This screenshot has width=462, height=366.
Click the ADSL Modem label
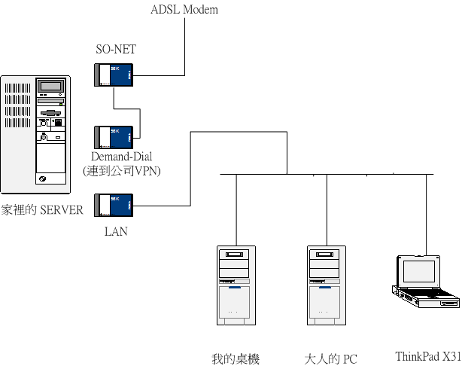point(185,9)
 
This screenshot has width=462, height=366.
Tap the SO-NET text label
point(115,50)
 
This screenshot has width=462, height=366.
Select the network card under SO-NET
point(115,75)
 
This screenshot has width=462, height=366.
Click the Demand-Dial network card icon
point(115,137)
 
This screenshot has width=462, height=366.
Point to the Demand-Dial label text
point(122,157)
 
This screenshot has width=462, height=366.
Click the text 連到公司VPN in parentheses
point(123,171)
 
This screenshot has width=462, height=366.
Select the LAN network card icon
point(115,206)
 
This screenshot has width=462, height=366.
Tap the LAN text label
point(115,230)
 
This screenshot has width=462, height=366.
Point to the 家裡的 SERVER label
point(42,210)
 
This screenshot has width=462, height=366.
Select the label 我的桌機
point(236,358)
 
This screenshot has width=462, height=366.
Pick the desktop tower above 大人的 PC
point(326,285)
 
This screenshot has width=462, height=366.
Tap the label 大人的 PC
point(330,358)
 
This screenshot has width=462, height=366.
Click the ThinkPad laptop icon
point(426,282)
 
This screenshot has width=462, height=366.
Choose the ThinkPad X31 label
point(427,356)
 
